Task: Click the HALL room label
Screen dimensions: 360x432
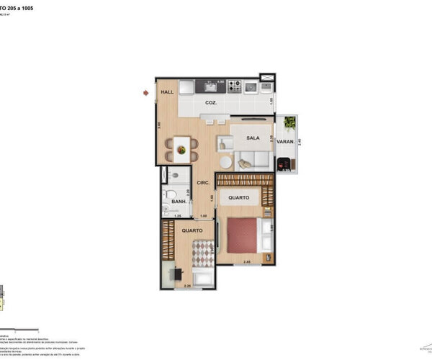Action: pos(168,93)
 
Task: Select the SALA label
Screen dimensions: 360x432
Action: pos(253,138)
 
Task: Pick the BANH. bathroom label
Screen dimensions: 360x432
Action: pos(179,202)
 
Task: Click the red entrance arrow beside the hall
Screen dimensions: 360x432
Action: pos(146,93)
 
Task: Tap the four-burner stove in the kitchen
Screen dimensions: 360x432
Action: pos(235,86)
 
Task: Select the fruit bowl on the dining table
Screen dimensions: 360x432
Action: pos(182,150)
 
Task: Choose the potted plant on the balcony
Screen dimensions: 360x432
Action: pos(290,123)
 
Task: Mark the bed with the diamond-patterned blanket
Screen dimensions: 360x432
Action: pos(203,256)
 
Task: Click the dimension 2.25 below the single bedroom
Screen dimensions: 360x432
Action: pos(188,287)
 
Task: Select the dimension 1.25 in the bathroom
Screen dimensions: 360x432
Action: pos(177,215)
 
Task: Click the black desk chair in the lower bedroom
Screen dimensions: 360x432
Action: pos(177,274)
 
